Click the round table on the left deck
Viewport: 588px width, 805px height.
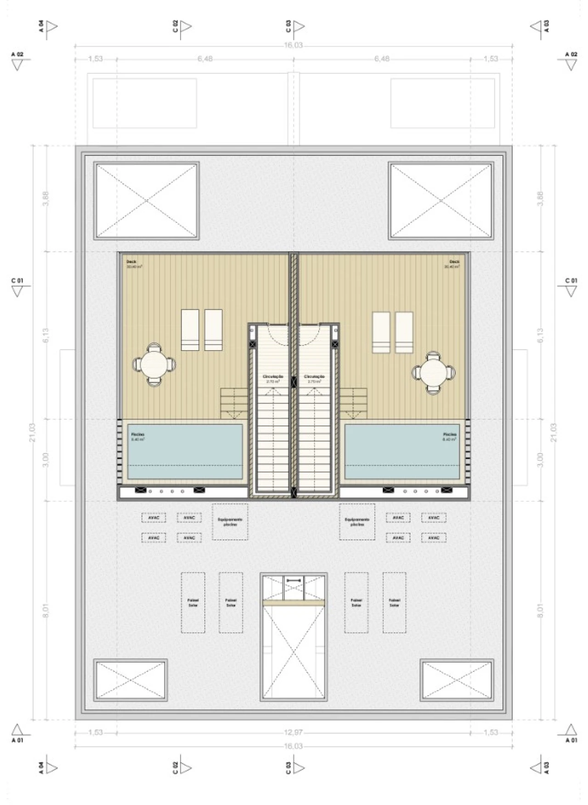154,365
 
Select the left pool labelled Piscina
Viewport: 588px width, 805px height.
185,451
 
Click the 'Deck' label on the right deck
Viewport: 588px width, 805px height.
454,262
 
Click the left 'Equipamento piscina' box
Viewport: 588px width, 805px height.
230,522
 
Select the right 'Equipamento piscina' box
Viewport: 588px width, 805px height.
357,522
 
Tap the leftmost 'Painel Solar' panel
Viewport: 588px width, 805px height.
193,602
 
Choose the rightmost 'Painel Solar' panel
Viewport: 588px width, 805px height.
394,602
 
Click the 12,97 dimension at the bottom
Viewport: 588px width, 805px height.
294,732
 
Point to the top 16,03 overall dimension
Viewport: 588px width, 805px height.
293,45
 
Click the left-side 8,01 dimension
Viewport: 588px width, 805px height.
46,612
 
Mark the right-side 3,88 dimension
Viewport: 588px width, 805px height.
540,198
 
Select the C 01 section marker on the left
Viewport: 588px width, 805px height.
17,287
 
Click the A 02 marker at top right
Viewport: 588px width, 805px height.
571,60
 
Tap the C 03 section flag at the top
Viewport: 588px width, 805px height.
294,27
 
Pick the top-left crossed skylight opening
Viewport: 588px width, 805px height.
146,200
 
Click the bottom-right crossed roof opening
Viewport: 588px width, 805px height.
457,680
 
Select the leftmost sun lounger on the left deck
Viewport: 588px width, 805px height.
190,329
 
